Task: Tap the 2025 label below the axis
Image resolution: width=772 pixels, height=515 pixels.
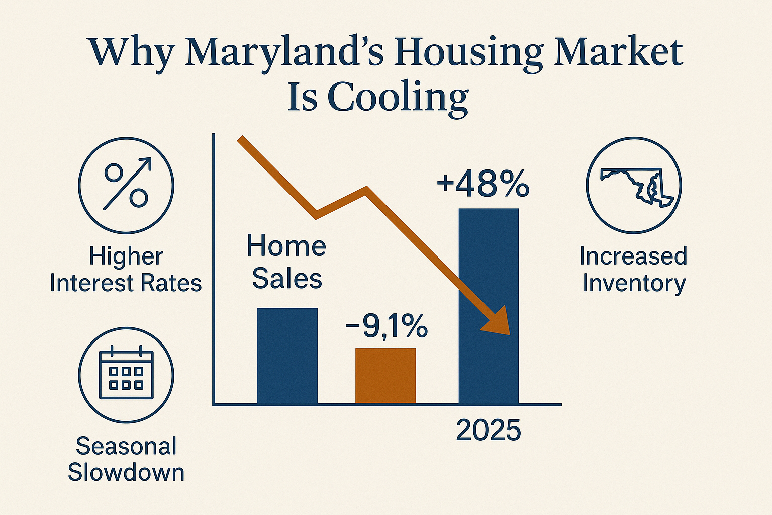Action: pos(488,431)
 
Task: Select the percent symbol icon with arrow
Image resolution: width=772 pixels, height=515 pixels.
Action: pos(126,185)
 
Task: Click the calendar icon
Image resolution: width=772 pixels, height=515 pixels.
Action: pos(126,375)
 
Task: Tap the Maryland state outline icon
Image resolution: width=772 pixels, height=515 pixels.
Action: pos(634,185)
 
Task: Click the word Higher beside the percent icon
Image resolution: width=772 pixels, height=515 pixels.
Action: pos(126,256)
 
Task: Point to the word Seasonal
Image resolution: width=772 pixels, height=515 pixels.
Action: pos(126,446)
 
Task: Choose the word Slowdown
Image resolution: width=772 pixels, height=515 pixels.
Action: pos(126,472)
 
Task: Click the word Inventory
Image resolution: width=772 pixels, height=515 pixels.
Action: pos(634,283)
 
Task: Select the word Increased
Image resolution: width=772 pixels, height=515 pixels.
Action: pos(633,256)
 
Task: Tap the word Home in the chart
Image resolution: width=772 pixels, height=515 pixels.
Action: pos(286,246)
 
